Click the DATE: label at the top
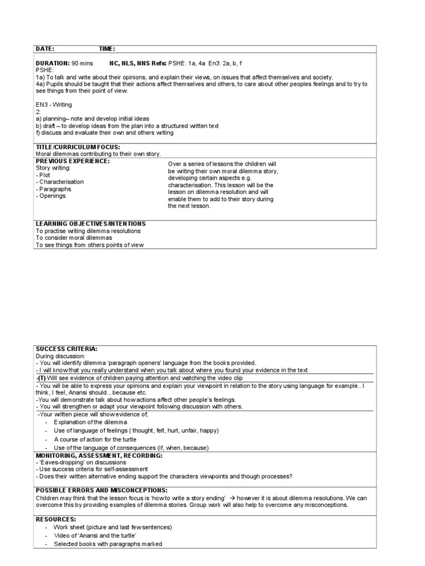coord(45,49)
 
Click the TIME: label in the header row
coord(107,49)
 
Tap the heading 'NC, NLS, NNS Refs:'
coord(136,64)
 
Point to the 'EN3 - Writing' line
coord(54,104)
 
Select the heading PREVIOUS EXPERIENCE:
coord(72,161)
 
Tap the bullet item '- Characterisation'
coord(60,182)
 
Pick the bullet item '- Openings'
coord(50,196)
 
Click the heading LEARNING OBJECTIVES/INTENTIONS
coord(91,224)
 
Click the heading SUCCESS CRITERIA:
coord(66,349)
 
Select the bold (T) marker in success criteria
coord(42,378)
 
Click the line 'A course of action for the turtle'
coord(95,439)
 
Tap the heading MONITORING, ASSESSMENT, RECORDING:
coord(99,455)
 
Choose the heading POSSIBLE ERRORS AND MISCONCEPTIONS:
coord(101,490)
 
